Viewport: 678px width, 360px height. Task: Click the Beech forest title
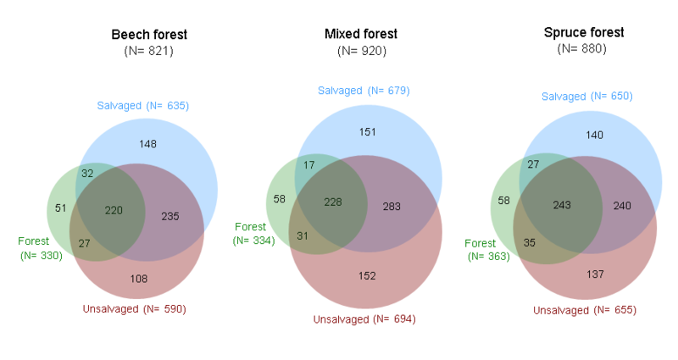click(x=149, y=35)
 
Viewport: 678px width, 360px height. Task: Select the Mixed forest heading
click(x=361, y=34)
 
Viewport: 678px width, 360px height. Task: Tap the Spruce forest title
click(x=583, y=33)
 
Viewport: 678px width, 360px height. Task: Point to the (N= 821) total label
click(x=149, y=51)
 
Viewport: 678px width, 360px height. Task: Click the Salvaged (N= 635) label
click(x=142, y=106)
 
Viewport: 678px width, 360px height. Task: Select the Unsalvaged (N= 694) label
click(x=364, y=319)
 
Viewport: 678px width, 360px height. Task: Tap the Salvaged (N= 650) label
click(x=587, y=97)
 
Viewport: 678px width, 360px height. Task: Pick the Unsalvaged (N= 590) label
click(x=134, y=308)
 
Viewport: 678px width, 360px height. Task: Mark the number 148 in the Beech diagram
click(x=148, y=143)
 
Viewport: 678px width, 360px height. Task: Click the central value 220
click(x=113, y=210)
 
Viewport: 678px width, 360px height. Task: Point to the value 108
click(x=137, y=278)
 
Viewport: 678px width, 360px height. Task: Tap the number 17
click(x=308, y=164)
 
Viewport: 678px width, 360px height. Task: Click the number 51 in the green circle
click(x=61, y=207)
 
